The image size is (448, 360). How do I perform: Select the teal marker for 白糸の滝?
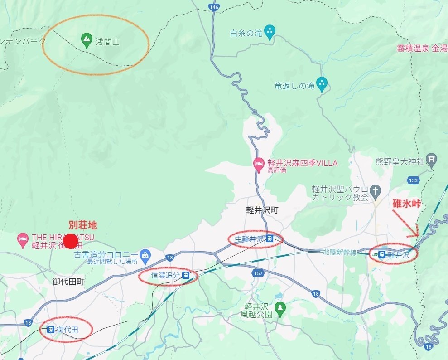270,32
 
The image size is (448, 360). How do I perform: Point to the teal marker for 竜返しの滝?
322,83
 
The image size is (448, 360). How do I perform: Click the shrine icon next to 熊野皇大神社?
433,160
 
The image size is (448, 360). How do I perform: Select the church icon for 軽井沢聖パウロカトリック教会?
375,192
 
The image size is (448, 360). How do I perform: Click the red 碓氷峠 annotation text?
407,204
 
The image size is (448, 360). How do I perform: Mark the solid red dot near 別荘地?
71,241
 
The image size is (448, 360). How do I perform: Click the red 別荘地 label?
82,225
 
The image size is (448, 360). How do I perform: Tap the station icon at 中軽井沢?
270,238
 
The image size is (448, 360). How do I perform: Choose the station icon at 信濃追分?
185,275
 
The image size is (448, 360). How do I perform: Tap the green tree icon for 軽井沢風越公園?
280,307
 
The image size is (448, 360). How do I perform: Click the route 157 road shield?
259,273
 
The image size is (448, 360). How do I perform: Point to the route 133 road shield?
413,180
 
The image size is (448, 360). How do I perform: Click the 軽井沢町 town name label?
262,210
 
